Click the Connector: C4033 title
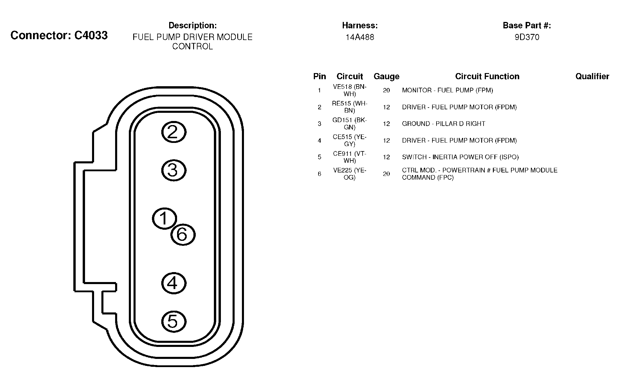[x=59, y=35]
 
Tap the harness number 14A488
[x=360, y=37]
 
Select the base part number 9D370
[x=527, y=37]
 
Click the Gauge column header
[x=386, y=77]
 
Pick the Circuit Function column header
[x=487, y=77]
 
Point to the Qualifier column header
[x=592, y=77]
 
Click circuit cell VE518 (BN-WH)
[x=349, y=90]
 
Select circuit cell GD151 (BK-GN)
[x=349, y=124]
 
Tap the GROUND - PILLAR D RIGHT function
[x=444, y=124]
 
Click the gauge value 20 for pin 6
[x=386, y=174]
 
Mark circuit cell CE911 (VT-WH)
[x=349, y=157]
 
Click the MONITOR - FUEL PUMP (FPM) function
[x=447, y=90]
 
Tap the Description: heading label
[x=193, y=26]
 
